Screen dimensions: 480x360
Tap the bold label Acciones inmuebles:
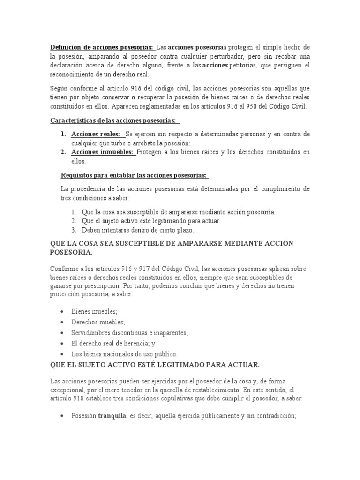point(102,152)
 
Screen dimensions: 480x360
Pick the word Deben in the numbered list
point(90,230)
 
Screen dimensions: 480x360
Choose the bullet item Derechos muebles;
point(98,322)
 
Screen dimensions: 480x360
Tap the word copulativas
point(184,398)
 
